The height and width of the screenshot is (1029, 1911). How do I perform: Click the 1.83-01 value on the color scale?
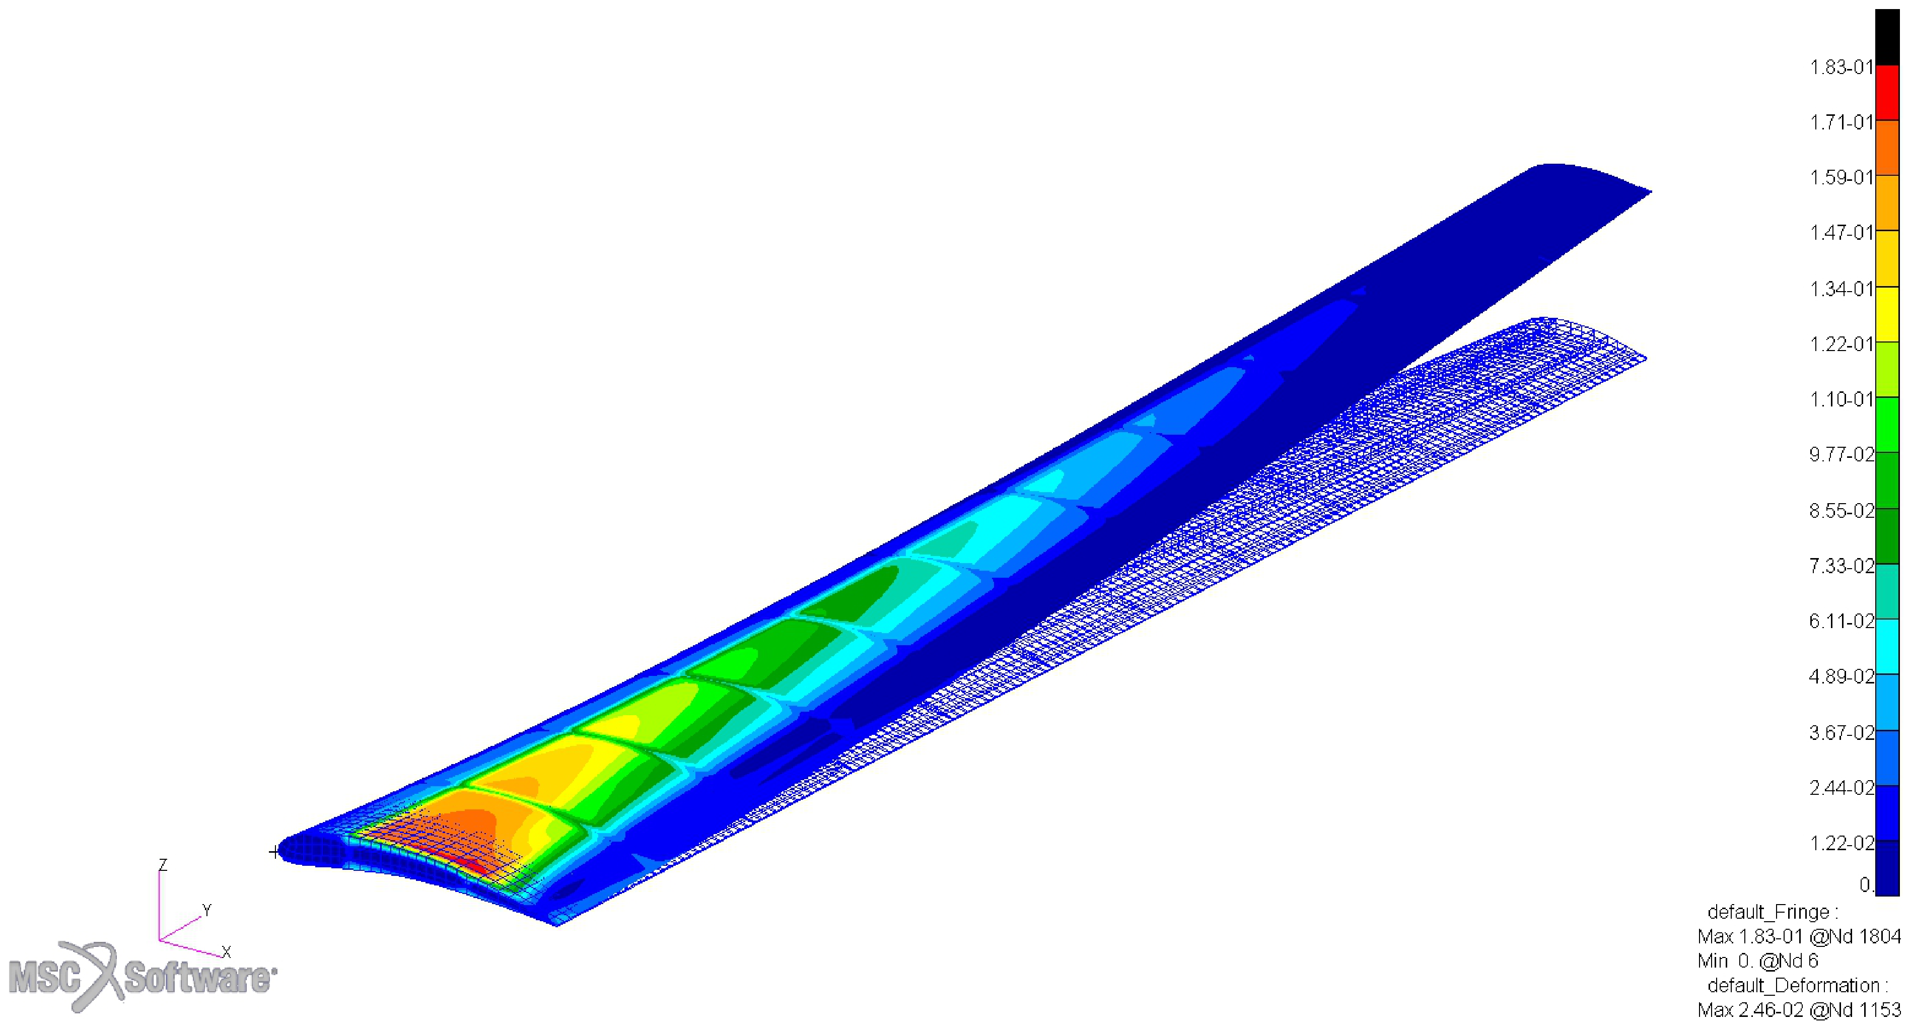point(1842,67)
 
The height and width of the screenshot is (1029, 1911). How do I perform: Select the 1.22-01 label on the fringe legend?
point(1842,344)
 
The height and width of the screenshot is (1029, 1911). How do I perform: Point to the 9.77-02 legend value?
point(1842,454)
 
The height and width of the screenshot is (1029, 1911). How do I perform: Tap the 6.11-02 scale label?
point(1842,621)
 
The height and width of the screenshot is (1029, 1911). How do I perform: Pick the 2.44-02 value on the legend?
point(1842,787)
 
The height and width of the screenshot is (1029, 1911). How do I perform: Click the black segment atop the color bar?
point(1887,37)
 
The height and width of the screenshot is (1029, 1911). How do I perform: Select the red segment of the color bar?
point(1887,93)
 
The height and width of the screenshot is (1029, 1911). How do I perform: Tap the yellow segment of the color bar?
point(1887,315)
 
